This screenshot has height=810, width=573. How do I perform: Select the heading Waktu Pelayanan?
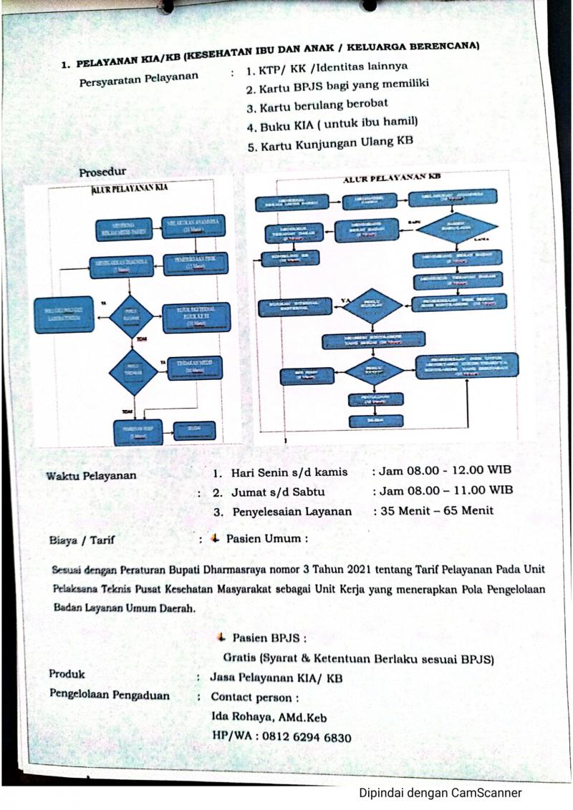91,476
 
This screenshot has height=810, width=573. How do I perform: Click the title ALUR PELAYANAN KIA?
135,189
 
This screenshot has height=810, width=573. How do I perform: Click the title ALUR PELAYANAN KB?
390,177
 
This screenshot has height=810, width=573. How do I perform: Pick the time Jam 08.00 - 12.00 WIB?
442,470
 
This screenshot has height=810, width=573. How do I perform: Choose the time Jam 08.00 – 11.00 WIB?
442,490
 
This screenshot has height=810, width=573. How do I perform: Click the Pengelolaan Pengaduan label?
110,695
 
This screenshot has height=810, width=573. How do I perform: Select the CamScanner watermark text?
440,792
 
